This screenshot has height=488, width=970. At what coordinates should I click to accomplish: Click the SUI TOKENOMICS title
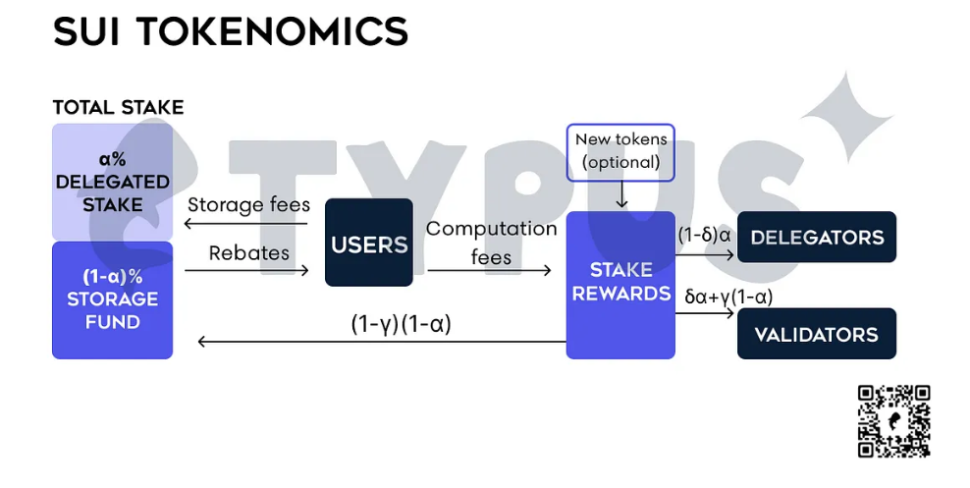230,31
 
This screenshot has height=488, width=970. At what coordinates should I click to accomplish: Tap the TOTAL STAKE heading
118,108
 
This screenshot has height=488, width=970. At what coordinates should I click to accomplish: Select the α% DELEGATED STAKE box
113,182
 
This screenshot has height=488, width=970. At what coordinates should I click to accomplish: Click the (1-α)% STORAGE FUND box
113,300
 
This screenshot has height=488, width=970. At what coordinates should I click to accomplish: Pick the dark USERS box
369,243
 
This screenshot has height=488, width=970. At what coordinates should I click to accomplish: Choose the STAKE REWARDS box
620,285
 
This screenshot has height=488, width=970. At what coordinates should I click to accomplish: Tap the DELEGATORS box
817,237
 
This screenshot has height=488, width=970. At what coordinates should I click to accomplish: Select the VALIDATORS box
817,334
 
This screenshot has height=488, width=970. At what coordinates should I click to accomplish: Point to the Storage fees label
248,205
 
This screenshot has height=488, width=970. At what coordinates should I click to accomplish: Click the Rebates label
248,253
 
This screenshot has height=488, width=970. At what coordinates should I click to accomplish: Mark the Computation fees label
491,243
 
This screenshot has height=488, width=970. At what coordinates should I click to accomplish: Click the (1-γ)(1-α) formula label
401,324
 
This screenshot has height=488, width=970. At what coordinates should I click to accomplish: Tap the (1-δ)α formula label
704,236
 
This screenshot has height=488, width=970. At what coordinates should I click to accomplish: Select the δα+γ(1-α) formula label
728,297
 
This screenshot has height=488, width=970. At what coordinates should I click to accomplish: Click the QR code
893,421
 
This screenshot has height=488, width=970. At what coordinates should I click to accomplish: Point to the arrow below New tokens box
621,194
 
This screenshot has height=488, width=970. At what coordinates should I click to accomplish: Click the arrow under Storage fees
246,224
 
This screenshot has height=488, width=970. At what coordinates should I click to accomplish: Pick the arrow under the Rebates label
246,270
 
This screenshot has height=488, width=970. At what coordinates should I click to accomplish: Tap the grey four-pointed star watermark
846,118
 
